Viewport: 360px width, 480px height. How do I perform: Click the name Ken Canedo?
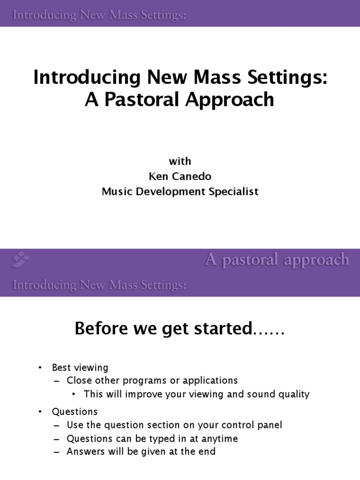click(180, 176)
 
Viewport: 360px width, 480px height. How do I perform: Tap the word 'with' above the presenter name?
click(180, 161)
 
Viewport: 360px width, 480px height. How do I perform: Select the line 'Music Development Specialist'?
click(180, 192)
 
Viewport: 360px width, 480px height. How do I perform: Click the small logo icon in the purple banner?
click(21, 258)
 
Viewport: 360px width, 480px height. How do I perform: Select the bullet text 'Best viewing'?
click(80, 367)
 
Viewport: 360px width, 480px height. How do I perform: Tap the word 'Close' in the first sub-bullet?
click(79, 380)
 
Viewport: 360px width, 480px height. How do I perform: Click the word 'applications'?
click(212, 380)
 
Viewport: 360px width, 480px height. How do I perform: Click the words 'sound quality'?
click(281, 394)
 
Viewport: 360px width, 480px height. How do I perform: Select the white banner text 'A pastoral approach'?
click(277, 259)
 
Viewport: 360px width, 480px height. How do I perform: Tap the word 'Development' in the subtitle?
click(169, 192)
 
